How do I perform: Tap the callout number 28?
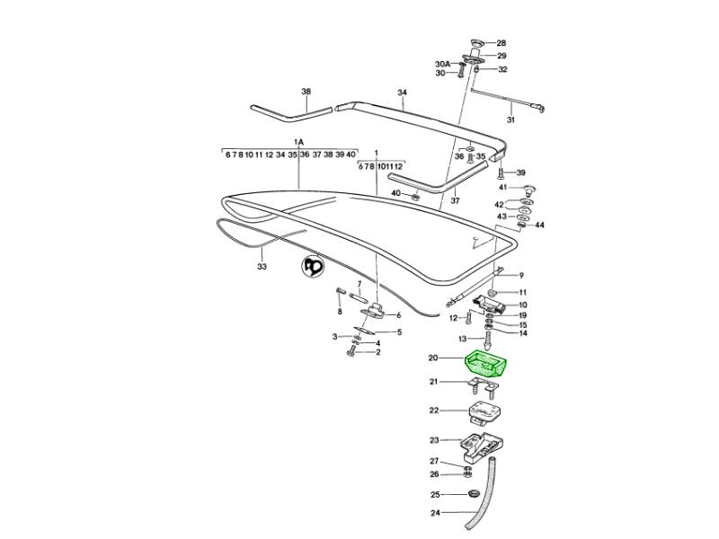pos(502,43)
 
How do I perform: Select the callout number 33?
pos(262,267)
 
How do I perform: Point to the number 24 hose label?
pos(434,515)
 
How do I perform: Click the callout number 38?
pos(306,93)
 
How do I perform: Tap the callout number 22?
pos(434,411)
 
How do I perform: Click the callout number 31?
pos(510,120)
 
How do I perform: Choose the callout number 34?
pos(402,93)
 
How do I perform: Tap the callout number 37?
pos(455,200)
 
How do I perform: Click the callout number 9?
pos(521,275)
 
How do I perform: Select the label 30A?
pos(442,65)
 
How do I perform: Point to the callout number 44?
pos(540,225)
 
